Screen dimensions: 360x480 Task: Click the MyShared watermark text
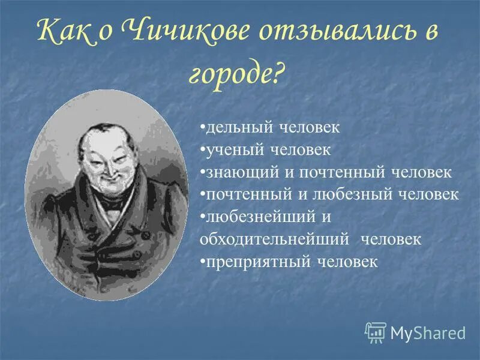tap(428, 332)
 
